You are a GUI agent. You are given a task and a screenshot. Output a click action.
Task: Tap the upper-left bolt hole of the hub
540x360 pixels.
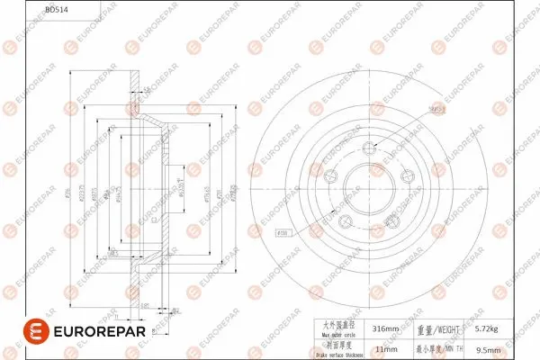[331, 178]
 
